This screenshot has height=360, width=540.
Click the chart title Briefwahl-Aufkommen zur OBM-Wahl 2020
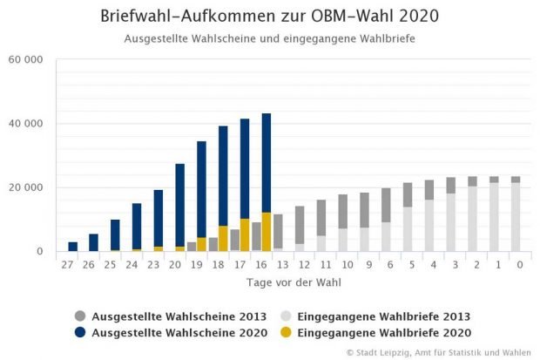click(x=269, y=17)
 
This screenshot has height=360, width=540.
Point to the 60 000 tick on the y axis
click(x=26, y=60)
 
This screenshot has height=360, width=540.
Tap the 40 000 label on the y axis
click(x=26, y=124)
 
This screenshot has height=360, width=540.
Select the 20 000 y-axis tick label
click(x=26, y=187)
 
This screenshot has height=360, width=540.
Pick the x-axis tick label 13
click(x=278, y=265)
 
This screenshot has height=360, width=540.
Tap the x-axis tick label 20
click(x=180, y=265)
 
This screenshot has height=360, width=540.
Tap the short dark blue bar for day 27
click(x=73, y=247)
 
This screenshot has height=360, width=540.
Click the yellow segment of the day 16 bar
click(x=267, y=232)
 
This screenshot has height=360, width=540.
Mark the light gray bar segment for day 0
click(x=516, y=217)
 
